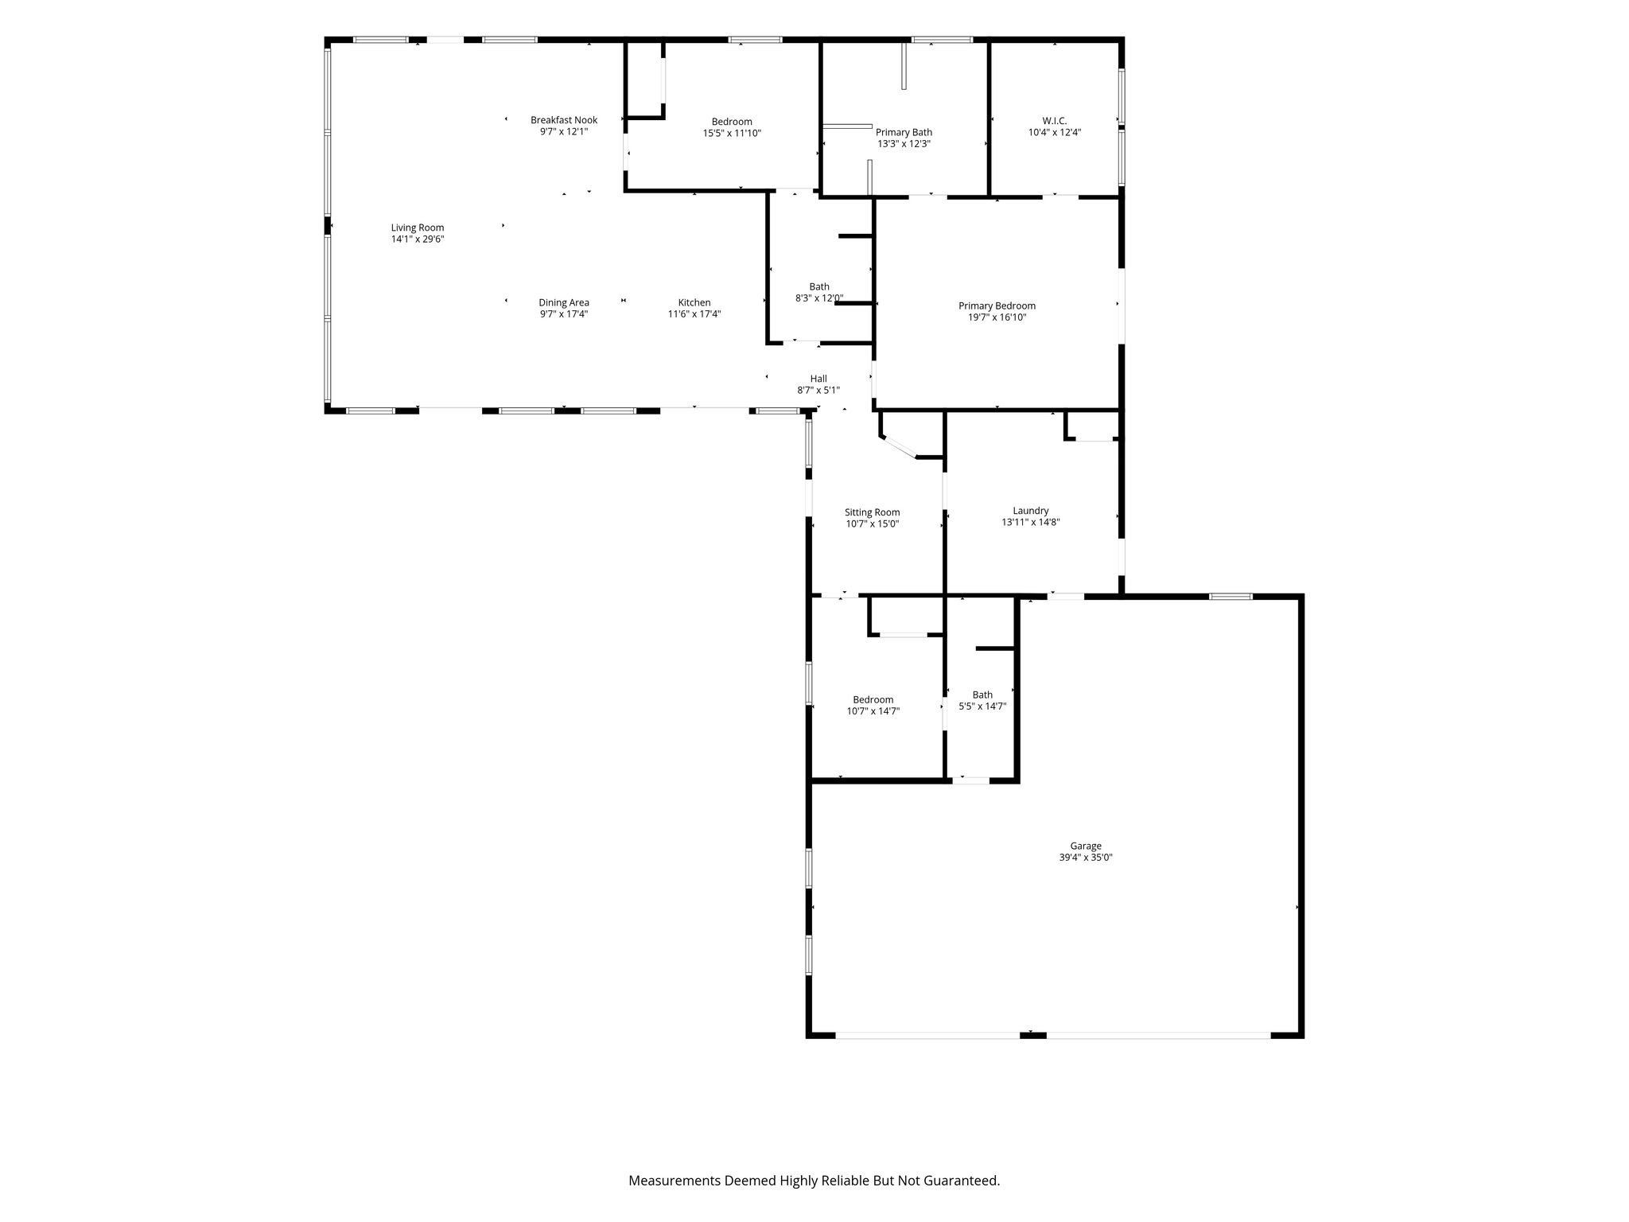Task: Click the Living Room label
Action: (418, 228)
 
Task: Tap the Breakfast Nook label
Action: (564, 120)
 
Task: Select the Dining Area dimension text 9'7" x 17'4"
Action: (564, 313)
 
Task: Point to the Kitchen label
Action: (694, 302)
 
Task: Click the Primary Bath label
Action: (904, 133)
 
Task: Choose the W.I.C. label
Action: (1055, 121)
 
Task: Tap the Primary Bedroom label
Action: (997, 306)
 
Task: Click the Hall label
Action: (818, 379)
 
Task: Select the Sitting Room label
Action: (873, 512)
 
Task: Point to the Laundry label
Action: (1031, 511)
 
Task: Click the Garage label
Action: (1086, 846)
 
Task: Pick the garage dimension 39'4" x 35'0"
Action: (1086, 858)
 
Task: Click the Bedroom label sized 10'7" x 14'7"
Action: (873, 700)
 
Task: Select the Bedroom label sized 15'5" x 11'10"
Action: (732, 122)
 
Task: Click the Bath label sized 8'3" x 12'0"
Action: (819, 286)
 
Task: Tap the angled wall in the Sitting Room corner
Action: (900, 447)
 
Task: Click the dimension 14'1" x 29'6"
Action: (418, 239)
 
